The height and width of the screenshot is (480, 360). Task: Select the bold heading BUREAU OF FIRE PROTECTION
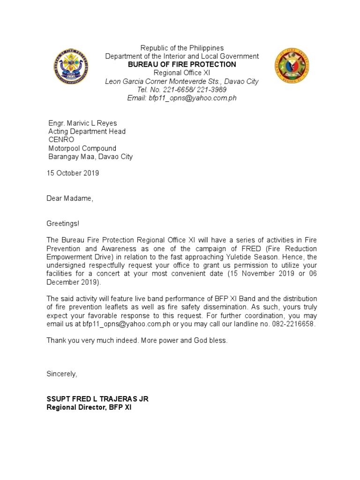pos(182,64)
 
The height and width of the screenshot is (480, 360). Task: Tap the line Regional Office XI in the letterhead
pos(182,73)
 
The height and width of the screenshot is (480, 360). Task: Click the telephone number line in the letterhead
pos(182,90)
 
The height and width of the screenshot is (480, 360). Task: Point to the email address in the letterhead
pos(182,98)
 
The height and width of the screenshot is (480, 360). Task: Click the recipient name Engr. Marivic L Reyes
pos(82,123)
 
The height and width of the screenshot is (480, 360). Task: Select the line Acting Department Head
pos(87,132)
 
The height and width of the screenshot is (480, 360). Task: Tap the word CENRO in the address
pos(61,140)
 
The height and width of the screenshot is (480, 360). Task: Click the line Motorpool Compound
pos(82,149)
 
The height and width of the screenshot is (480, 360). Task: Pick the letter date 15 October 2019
pos(73,173)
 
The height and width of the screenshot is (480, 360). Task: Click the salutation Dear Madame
pos(70,198)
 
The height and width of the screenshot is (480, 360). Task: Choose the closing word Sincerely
pos(61,374)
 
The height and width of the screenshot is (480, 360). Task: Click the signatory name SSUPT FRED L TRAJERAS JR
pos(97,399)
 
